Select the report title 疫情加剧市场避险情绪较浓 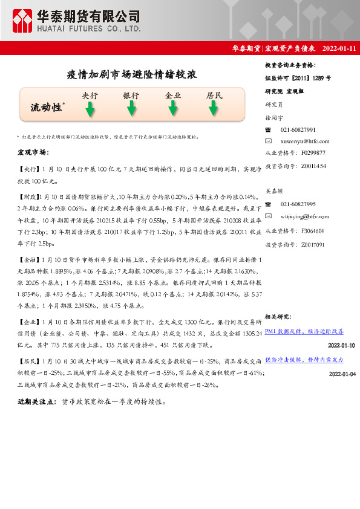coord(131,75)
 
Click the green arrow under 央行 coord(90,109)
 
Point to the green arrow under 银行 coord(131,109)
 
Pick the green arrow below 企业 coord(173,109)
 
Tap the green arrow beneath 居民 coord(214,109)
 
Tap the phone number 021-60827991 coord(298,130)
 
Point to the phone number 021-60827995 coord(298,204)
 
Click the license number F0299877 coord(313,153)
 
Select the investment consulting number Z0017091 coord(313,245)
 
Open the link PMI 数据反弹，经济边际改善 coord(304,331)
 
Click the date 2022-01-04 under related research coord(342,374)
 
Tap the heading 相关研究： coord(278,317)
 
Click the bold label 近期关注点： coord(38,401)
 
